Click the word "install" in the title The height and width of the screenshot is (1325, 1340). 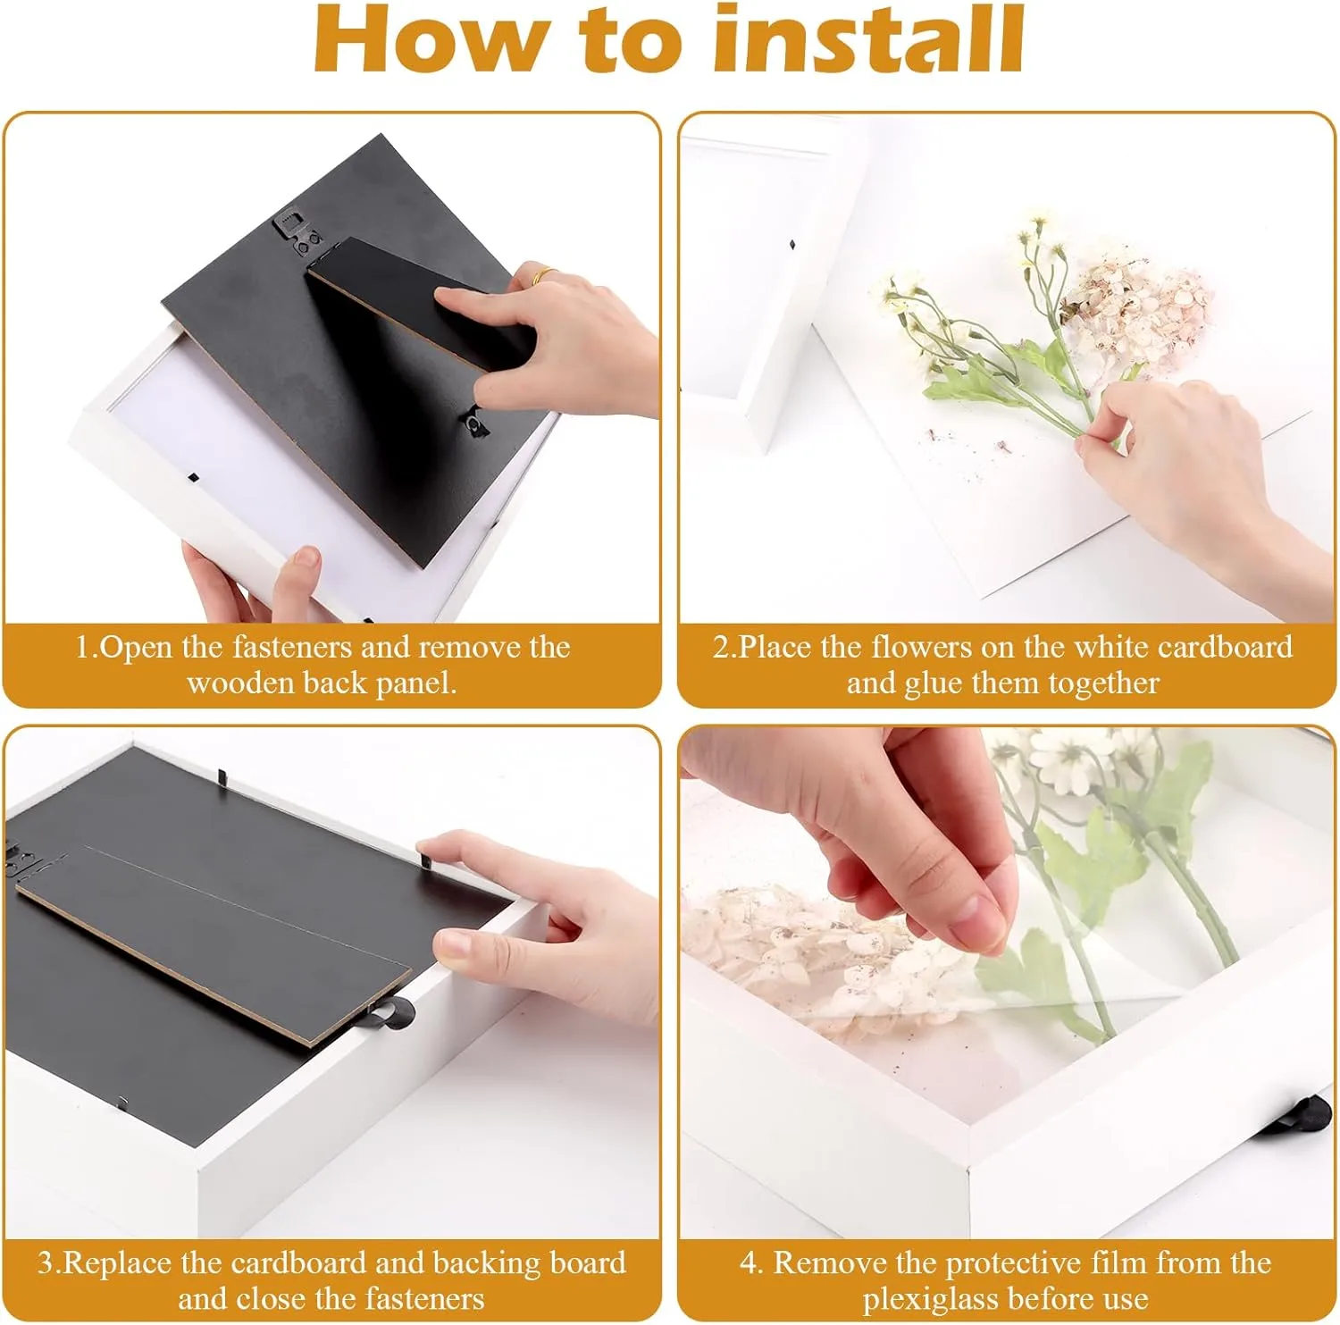click(870, 39)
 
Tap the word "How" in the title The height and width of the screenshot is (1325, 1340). click(430, 41)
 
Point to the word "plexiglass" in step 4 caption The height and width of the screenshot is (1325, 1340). click(930, 1299)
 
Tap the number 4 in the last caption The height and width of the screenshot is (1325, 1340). click(750, 1263)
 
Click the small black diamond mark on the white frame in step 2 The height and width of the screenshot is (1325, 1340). click(792, 243)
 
